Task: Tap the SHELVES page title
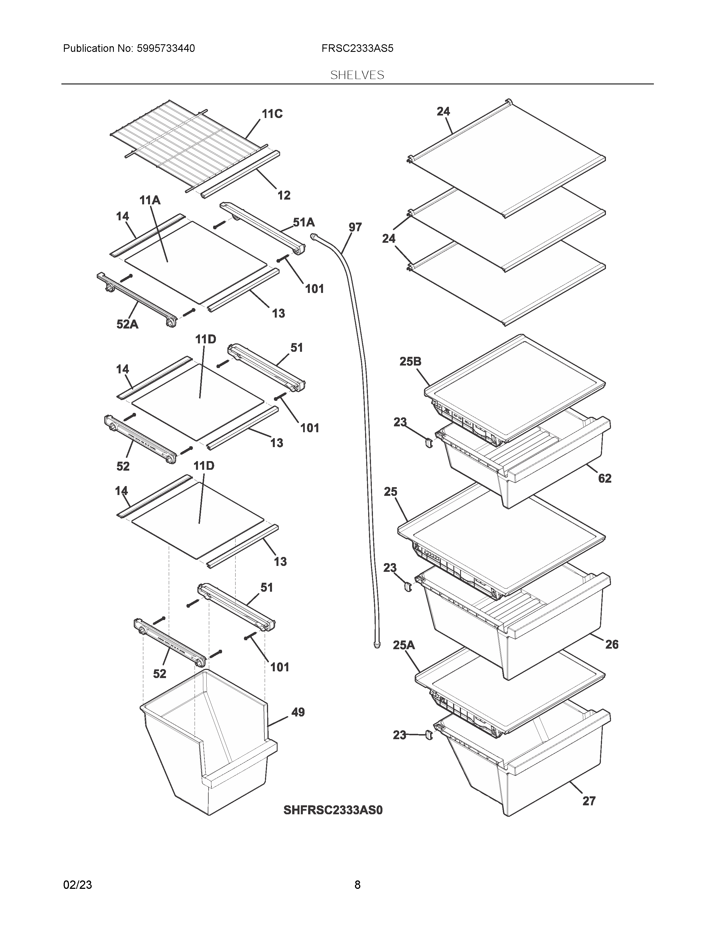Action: (357, 75)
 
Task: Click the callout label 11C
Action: (272, 114)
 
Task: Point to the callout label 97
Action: (355, 227)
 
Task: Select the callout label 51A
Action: (304, 222)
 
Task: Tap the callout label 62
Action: (605, 478)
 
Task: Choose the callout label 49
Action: (298, 712)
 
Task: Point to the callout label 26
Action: (612, 645)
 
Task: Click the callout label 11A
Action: (150, 200)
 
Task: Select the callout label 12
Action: (284, 195)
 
